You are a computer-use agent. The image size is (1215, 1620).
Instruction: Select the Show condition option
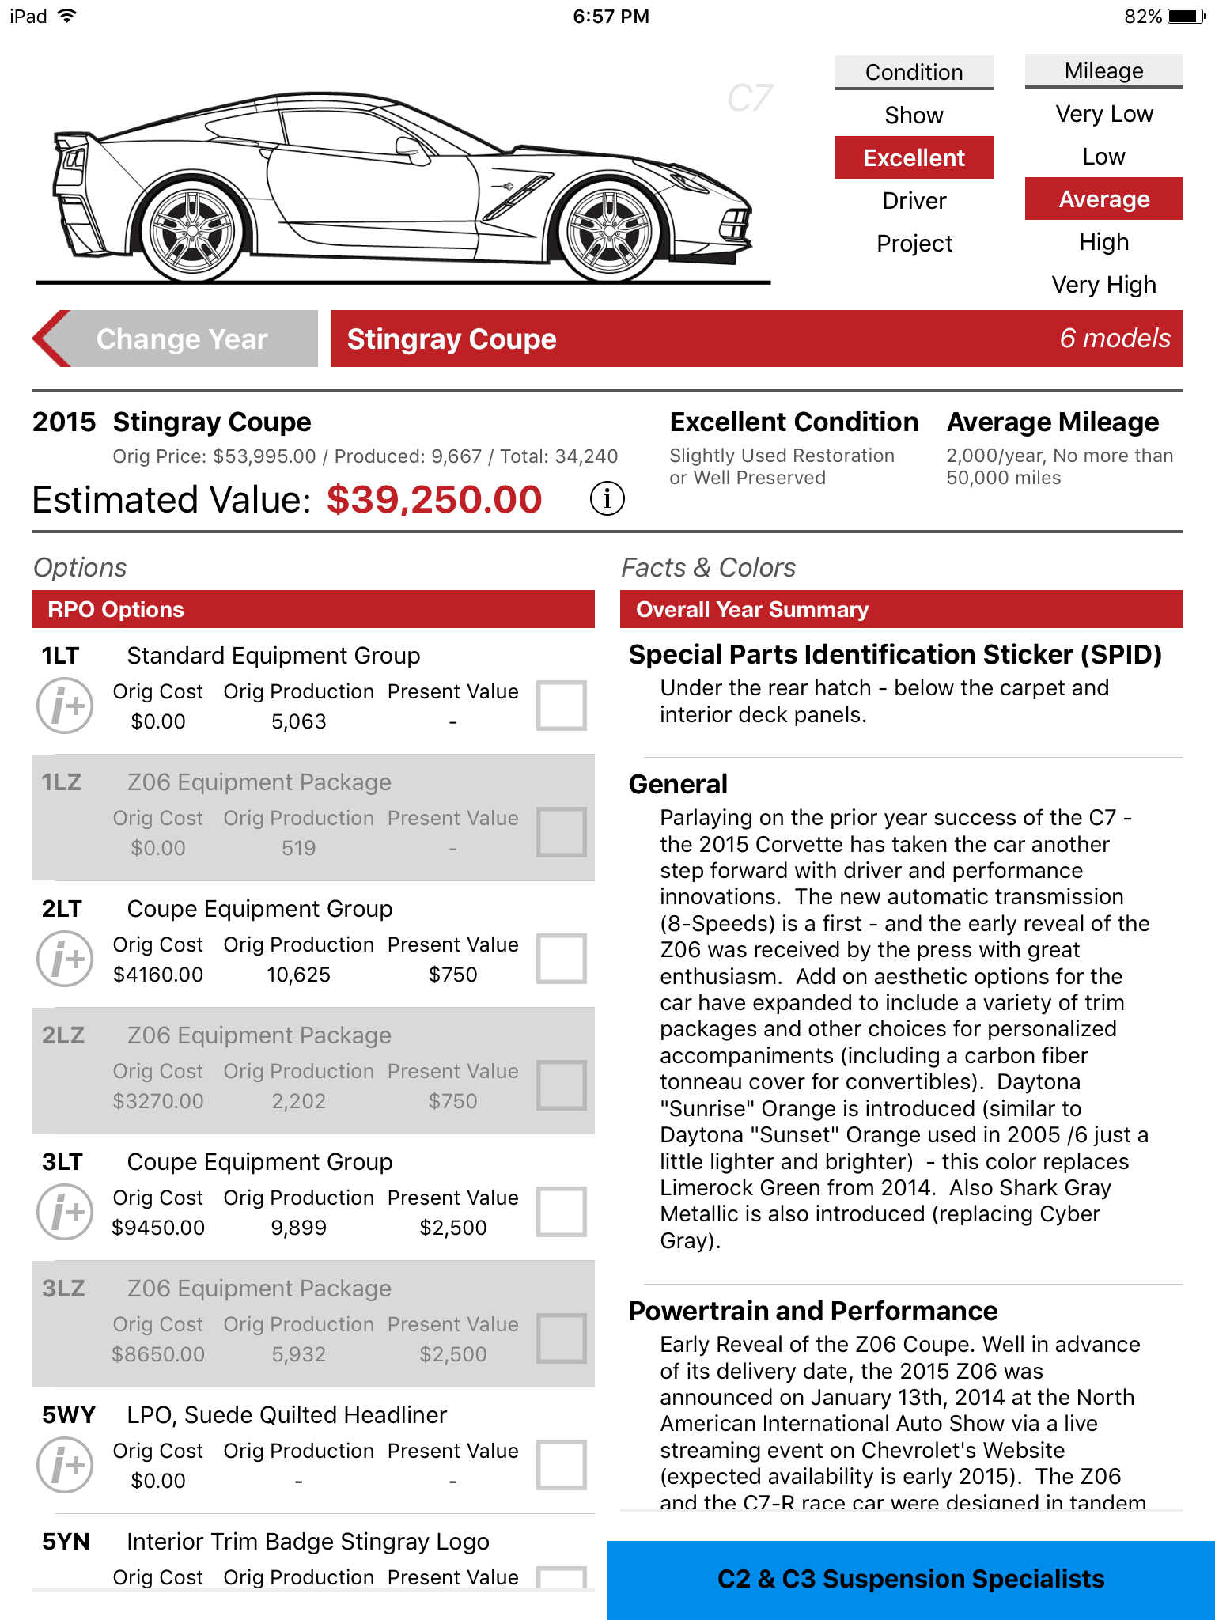914,115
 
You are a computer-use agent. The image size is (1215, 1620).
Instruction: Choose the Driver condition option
914,201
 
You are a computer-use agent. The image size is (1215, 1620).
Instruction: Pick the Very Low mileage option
1103,114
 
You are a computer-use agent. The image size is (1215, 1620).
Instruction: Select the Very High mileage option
1103,285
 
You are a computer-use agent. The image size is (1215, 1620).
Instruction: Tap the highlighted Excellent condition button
914,158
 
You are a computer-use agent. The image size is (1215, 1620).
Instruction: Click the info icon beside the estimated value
607,499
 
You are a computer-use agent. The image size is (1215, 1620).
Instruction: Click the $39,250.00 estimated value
434,500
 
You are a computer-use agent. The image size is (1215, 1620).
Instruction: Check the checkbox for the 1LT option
561,705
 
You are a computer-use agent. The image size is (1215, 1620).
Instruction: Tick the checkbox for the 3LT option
561,1211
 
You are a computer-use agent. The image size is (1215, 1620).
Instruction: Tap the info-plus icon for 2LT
65,959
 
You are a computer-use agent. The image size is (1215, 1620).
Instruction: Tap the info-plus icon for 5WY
65,1465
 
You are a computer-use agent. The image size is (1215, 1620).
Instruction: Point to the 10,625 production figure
298,975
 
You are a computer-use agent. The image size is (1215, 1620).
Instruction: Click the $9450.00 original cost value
158,1228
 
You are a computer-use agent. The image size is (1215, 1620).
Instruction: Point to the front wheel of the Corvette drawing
608,231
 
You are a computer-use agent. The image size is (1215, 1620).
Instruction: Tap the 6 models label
1114,339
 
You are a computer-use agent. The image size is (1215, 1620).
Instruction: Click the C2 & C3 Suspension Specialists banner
910,1579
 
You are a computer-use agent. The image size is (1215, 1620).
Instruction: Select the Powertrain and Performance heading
812,1311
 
